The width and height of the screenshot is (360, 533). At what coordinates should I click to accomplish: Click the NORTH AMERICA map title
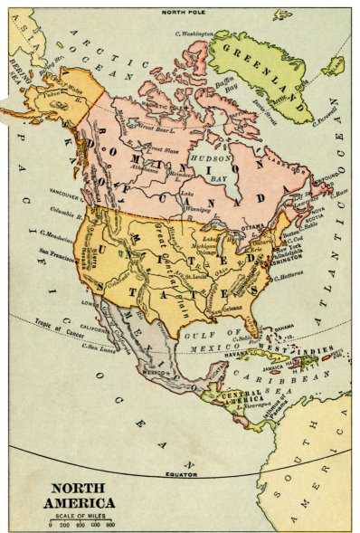(82, 495)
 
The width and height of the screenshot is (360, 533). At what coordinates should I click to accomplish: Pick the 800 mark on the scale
(110, 525)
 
